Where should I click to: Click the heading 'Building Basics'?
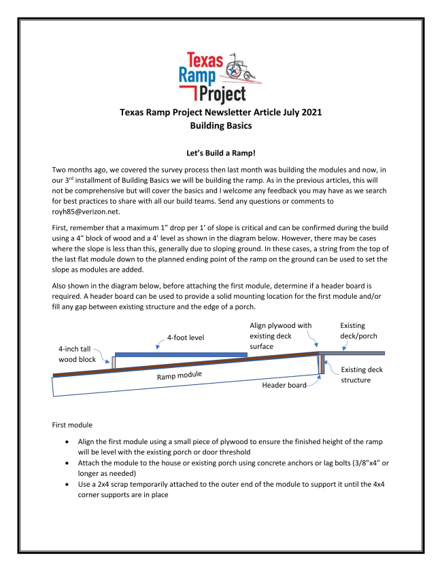[221, 126]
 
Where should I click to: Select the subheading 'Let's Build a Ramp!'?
[221, 154]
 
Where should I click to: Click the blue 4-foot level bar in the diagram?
[181, 354]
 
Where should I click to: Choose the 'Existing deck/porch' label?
[358, 331]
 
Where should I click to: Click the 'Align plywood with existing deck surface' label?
[279, 335]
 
